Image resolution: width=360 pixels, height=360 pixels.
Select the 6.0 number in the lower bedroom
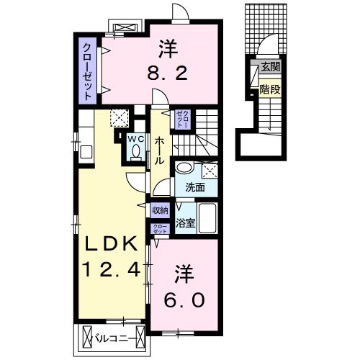[x=185, y=298]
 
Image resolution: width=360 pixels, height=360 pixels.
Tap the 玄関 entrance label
[x=270, y=68]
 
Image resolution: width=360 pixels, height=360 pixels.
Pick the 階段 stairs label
[x=270, y=91]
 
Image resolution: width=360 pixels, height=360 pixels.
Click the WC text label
[x=135, y=138]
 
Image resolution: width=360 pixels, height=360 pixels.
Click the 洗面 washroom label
[x=195, y=188]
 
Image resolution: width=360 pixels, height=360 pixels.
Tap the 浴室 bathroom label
[x=186, y=222]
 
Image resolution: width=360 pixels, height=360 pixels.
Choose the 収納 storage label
[x=160, y=210]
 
